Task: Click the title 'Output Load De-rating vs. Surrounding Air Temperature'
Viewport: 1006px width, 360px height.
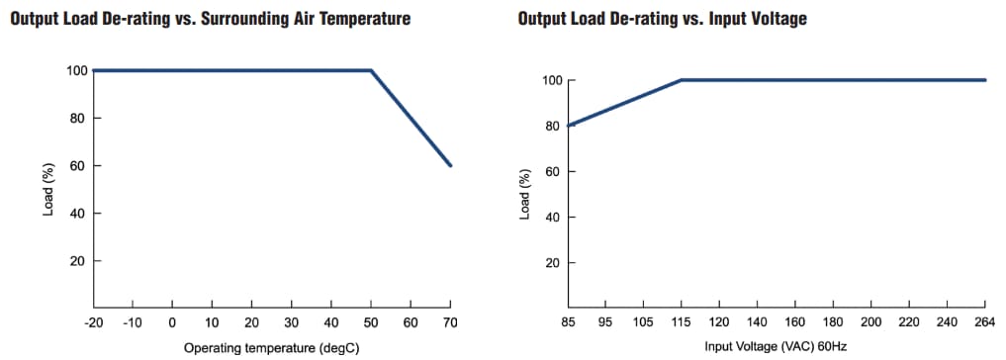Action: point(210,20)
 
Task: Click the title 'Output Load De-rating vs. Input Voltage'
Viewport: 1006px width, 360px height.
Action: point(662,20)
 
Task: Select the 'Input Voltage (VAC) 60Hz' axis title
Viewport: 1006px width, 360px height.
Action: point(776,346)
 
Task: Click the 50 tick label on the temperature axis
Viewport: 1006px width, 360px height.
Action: point(371,323)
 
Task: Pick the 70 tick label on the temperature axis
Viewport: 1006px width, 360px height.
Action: point(451,323)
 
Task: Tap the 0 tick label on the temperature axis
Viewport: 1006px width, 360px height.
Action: point(172,323)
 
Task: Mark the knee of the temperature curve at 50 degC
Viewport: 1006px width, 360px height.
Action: point(371,70)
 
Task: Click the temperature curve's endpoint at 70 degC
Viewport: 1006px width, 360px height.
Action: point(451,165)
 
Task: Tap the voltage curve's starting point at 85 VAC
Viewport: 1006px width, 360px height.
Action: point(571,126)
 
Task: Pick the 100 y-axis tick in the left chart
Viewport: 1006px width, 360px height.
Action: point(76,70)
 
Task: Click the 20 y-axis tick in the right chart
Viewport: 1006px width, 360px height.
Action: point(555,263)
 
